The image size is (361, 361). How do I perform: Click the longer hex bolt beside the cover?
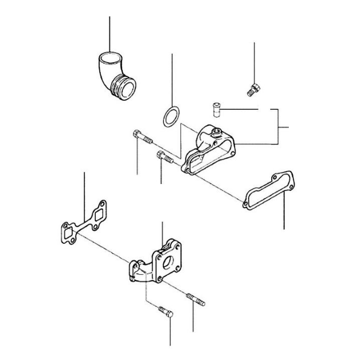point(142,137)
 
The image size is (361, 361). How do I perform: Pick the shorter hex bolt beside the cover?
point(165,157)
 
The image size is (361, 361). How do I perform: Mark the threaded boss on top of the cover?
point(217,132)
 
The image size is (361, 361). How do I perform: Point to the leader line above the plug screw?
point(255,60)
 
